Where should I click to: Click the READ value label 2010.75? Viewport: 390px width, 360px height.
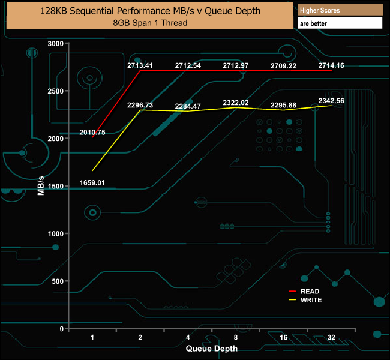(x=92, y=133)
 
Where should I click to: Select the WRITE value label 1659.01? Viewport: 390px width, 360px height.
(x=92, y=182)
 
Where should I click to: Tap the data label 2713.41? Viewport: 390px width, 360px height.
(x=140, y=65)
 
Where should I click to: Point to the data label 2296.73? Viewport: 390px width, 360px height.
(x=140, y=105)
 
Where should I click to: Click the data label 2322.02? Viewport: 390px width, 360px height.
(x=235, y=103)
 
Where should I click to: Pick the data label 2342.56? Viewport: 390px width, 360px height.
(x=331, y=101)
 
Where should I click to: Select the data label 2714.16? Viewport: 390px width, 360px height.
(x=331, y=65)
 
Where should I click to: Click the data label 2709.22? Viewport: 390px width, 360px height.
(x=283, y=65)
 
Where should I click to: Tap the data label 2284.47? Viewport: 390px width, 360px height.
(x=188, y=106)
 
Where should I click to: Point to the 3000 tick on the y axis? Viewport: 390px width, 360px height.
(x=55, y=44)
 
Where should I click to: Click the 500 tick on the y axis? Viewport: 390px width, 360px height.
(x=57, y=281)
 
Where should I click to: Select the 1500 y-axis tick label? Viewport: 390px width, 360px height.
(x=55, y=187)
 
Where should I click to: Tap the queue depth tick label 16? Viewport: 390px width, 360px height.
(x=283, y=338)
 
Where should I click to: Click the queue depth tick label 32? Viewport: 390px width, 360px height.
(x=331, y=338)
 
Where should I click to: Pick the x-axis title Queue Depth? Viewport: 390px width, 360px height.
(x=211, y=348)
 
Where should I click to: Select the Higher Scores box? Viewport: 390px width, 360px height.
(x=340, y=10)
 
